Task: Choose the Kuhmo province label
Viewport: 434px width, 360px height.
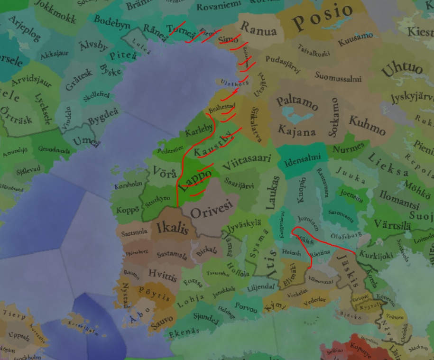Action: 367,124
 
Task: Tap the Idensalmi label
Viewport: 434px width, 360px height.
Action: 303,159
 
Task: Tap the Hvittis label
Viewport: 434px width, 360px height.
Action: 162,274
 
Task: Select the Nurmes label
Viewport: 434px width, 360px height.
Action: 349,147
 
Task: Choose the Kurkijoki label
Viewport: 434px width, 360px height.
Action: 376,255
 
